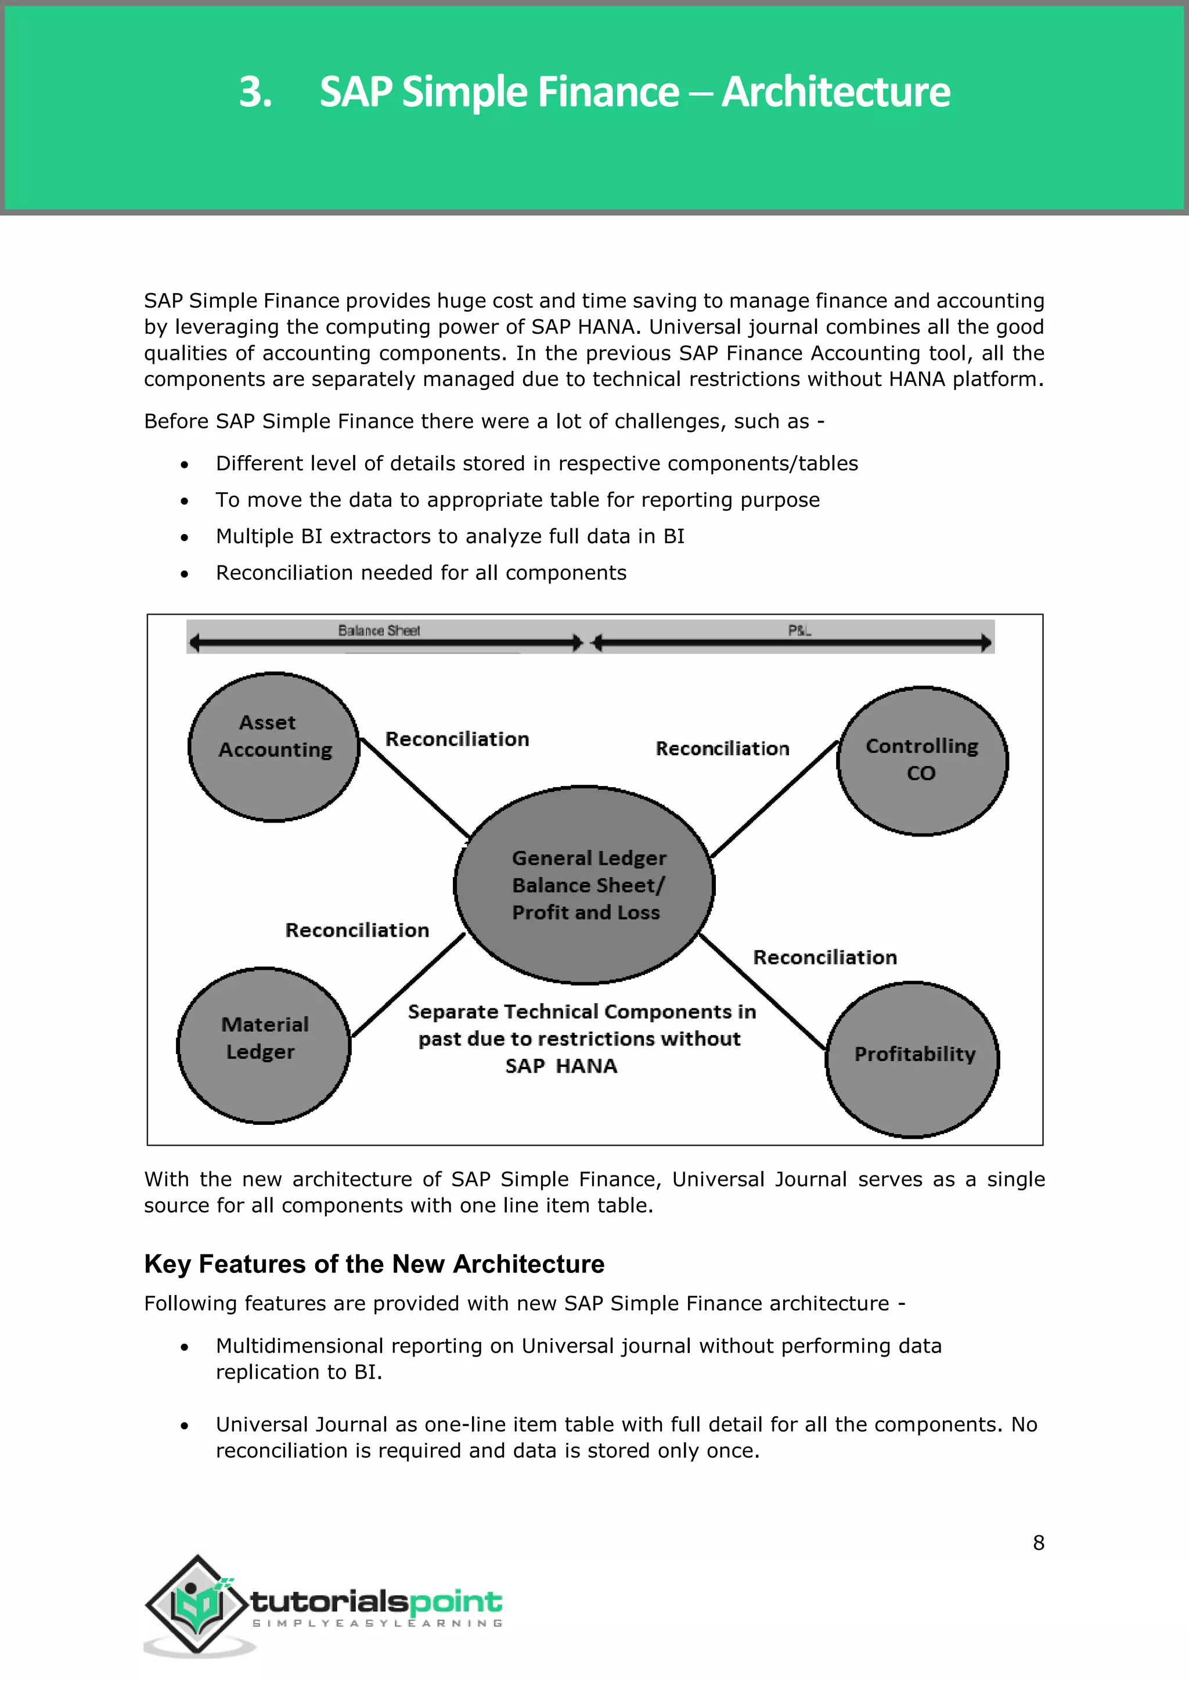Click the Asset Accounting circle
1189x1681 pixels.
tap(274, 747)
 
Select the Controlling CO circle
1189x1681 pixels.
tap(922, 762)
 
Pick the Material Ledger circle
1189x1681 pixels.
tap(264, 1045)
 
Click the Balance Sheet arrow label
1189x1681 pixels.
tap(379, 630)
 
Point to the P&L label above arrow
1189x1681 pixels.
tap(799, 630)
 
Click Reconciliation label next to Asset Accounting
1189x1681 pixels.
tap(457, 740)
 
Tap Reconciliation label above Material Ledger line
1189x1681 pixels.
tap(356, 930)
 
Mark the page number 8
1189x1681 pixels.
tap(1038, 1543)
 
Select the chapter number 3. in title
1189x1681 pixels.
tap(255, 92)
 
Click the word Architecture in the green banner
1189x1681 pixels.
tap(835, 92)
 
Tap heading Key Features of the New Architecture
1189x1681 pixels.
tap(374, 1264)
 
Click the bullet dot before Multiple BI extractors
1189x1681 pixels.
tap(185, 538)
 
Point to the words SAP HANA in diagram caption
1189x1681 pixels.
tap(561, 1066)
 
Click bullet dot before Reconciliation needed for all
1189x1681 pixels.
tap(185, 574)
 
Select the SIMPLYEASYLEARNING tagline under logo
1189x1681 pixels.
tap(377, 1623)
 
